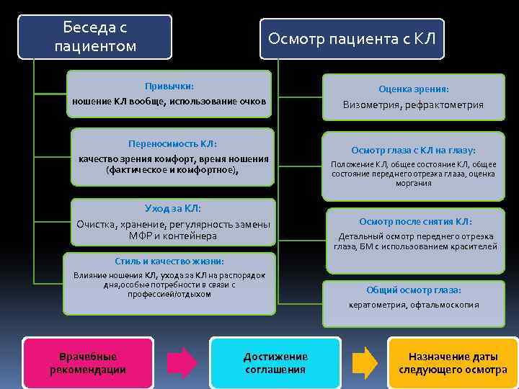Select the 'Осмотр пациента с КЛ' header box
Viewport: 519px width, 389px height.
352,38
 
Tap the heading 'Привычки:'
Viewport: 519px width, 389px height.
169,85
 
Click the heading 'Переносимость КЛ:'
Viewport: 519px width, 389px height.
172,143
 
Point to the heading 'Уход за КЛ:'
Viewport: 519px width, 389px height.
173,209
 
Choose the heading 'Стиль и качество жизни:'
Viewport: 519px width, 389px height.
170,261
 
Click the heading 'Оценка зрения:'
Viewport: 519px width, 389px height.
414,89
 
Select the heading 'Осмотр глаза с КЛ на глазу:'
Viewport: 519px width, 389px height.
413,151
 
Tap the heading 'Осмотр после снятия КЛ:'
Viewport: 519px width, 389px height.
416,221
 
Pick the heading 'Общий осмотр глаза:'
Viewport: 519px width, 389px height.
414,290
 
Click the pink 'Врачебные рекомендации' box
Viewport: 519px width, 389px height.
88,363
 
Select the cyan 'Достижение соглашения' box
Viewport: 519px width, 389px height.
275,363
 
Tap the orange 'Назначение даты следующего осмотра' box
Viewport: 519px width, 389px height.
453,363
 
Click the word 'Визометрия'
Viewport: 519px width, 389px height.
371,105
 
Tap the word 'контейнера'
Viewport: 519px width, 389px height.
190,236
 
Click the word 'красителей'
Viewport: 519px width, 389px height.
473,246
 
